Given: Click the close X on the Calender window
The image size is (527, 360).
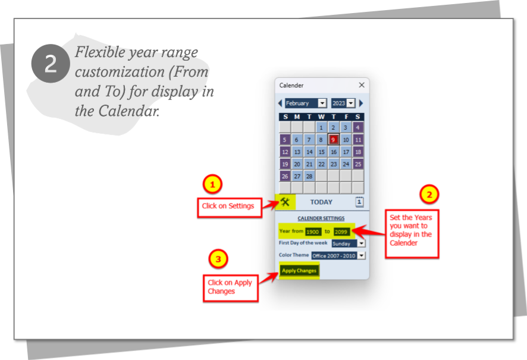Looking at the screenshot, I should point(362,86).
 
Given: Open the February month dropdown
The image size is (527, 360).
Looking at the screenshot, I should point(322,104).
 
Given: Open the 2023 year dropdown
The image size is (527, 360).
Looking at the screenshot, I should point(351,104).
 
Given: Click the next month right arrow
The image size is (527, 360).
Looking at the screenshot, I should point(361,104).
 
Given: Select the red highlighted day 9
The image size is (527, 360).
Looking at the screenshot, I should point(334,140).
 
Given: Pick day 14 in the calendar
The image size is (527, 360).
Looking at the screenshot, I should point(309,152).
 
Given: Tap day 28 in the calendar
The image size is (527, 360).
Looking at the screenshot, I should point(309,177).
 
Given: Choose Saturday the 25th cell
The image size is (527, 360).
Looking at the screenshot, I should point(358,164).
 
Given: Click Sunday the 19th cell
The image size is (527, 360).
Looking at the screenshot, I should point(285,164).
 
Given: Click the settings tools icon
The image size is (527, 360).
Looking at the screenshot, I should point(285,202).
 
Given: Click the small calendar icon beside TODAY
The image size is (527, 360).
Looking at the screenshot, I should point(359,202).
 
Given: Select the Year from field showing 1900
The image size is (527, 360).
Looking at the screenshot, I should point(313,231).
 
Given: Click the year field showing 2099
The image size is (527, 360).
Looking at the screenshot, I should point(341,231).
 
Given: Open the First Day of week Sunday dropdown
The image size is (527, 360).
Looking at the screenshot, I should point(361,243).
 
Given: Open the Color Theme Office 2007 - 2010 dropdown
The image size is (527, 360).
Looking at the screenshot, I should point(361,256).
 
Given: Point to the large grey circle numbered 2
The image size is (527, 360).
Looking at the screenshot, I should point(51,64).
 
